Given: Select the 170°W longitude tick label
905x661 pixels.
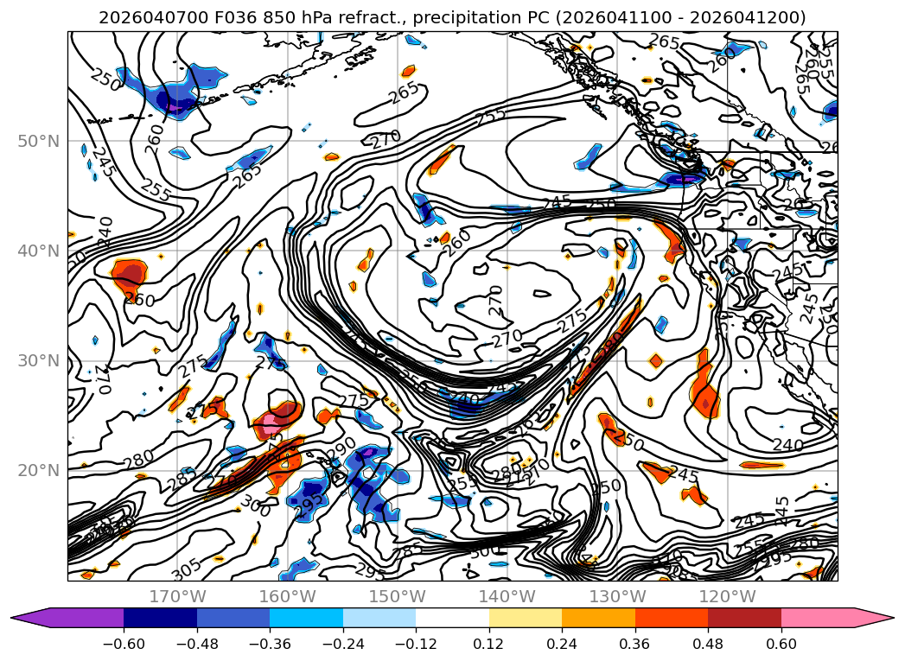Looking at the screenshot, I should point(177,596).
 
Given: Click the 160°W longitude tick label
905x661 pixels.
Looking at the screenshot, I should point(288,596).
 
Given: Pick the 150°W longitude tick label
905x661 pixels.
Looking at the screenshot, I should point(398,596).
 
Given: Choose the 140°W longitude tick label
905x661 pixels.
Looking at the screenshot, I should point(507,596).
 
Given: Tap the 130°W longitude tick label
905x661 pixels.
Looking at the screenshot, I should point(617,596).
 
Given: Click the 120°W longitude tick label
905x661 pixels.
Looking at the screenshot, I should point(727,596).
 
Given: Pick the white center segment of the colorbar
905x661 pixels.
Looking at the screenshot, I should point(452,618).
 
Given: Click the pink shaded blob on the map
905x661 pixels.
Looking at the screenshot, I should point(271,423).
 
